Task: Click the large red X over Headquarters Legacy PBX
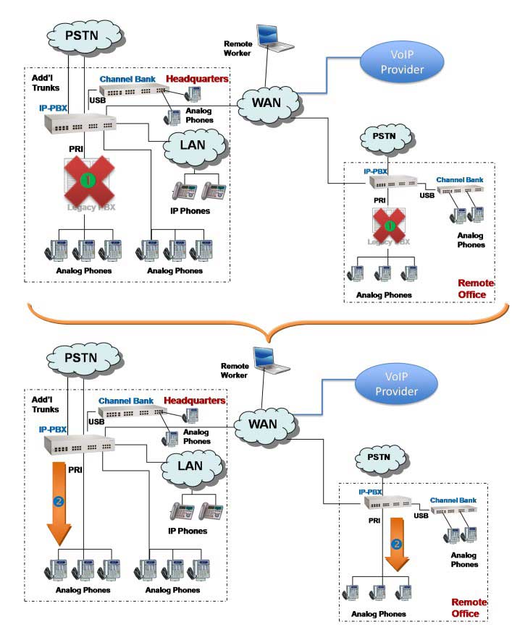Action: click(86, 182)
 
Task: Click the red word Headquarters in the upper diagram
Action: click(197, 78)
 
